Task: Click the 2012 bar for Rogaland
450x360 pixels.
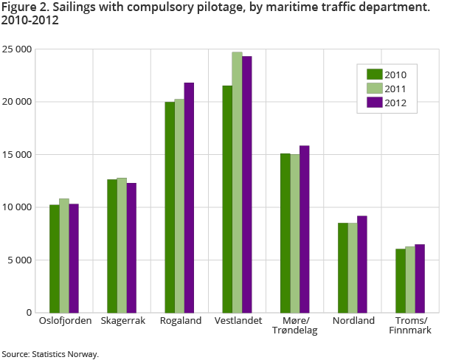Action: [x=190, y=198]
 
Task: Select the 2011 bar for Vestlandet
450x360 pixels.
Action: [x=237, y=182]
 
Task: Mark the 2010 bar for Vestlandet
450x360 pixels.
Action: [x=227, y=199]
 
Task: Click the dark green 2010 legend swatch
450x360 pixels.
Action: [x=374, y=74]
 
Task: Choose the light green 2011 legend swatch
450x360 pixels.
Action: [x=374, y=89]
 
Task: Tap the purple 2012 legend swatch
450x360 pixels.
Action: [x=374, y=103]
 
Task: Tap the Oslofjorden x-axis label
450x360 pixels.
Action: [x=64, y=321]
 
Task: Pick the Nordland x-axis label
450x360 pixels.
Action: [x=353, y=321]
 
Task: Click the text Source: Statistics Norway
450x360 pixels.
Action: [x=49, y=354]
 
